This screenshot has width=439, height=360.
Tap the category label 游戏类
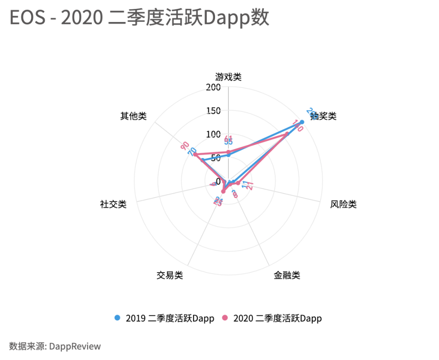tap(228, 77)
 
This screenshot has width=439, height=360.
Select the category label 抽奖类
tap(324, 116)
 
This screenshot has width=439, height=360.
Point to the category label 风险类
tap(343, 204)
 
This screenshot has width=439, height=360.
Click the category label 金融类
tap(287, 275)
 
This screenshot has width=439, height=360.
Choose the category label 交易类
tap(170, 275)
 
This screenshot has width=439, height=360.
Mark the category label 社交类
tap(113, 204)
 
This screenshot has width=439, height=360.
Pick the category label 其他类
tap(133, 116)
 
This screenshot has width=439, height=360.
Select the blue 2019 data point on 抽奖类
tap(302, 122)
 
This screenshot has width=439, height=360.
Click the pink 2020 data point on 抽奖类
tap(287, 134)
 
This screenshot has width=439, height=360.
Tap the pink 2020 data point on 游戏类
tap(228, 152)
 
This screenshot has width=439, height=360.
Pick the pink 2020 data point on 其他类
tap(195, 155)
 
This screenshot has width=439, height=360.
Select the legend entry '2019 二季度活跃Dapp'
tap(164, 318)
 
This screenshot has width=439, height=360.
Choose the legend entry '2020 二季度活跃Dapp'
tap(272, 318)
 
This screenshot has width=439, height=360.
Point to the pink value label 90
tap(185, 145)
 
